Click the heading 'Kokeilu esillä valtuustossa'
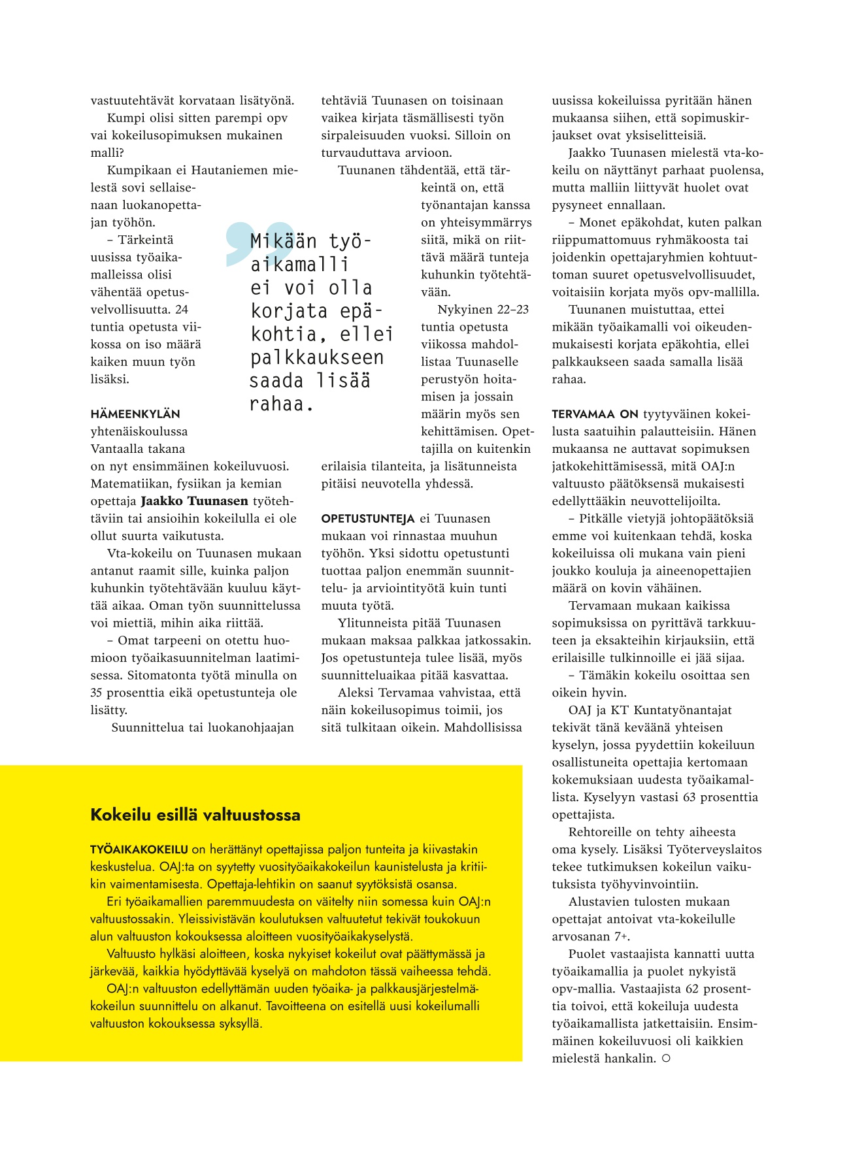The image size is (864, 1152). point(195,815)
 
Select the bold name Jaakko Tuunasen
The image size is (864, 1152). point(195,501)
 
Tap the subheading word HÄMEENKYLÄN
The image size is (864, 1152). point(135,414)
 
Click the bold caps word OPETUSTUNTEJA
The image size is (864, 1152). point(368,519)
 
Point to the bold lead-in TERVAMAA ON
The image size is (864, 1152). point(595,414)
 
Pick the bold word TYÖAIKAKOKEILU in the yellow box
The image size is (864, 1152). point(139,850)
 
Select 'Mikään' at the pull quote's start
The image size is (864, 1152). point(284,242)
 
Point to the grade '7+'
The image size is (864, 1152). point(622,936)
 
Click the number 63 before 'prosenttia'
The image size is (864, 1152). point(690,797)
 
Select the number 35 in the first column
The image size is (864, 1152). point(97,693)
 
